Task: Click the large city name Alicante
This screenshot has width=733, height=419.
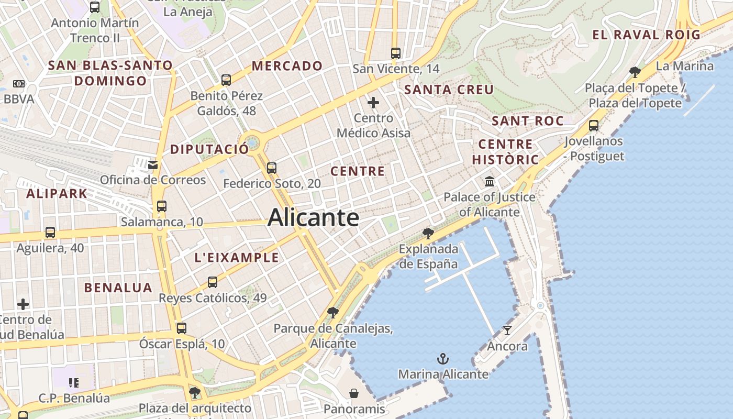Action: (313, 217)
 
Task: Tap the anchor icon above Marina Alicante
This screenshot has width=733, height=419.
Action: (443, 359)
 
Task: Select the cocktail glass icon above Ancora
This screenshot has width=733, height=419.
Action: (507, 330)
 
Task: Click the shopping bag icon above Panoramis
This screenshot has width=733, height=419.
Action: (354, 393)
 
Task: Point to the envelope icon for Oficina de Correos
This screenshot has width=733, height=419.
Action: (153, 165)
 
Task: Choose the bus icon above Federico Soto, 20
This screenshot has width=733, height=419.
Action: (271, 168)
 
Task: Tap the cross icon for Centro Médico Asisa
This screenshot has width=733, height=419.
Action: (373, 103)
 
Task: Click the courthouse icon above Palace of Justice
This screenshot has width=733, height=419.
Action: (490, 182)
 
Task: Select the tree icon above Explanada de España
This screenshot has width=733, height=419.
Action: (428, 233)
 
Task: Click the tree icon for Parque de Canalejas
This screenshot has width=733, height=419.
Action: (332, 313)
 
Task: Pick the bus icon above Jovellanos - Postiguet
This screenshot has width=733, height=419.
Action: (594, 126)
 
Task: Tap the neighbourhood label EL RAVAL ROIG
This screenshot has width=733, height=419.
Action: (646, 35)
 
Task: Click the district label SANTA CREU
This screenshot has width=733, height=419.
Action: (449, 90)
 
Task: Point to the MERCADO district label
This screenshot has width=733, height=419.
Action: (287, 66)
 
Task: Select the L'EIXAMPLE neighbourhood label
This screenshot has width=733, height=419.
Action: (237, 258)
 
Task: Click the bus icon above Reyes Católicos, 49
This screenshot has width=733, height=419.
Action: (212, 282)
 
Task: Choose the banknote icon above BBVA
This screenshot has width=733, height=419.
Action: (18, 84)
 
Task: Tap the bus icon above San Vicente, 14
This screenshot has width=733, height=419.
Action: (396, 53)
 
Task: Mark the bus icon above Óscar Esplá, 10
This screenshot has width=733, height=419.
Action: (181, 328)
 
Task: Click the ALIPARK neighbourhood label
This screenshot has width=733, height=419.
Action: (57, 194)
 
